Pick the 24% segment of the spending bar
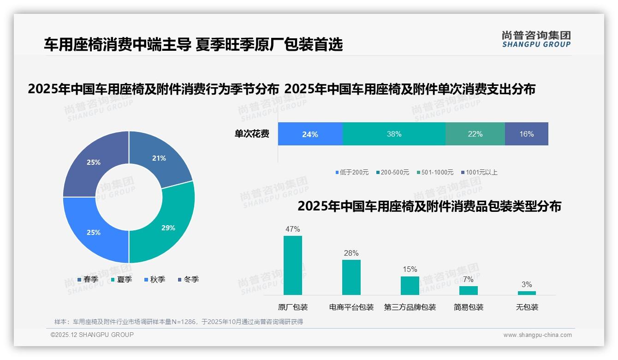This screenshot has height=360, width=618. pos(310,134)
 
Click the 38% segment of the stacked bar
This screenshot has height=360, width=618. pos(394,134)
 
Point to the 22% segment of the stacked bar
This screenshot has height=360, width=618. pos(475,134)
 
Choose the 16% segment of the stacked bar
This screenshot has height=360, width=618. pos(526,134)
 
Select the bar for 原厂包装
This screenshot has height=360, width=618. pos(293,265)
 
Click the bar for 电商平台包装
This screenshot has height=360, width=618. pos(351,277)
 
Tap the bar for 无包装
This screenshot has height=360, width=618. pos(527,293)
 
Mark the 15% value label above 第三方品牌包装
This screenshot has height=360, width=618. pos(410,269)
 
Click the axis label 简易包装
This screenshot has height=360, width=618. pos(469,307)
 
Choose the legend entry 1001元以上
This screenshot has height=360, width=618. pos(481,172)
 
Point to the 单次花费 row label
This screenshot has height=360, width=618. pos(252,134)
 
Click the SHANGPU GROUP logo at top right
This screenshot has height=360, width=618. pos(536,39)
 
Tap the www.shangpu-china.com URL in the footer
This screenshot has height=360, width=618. pos(537,335)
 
